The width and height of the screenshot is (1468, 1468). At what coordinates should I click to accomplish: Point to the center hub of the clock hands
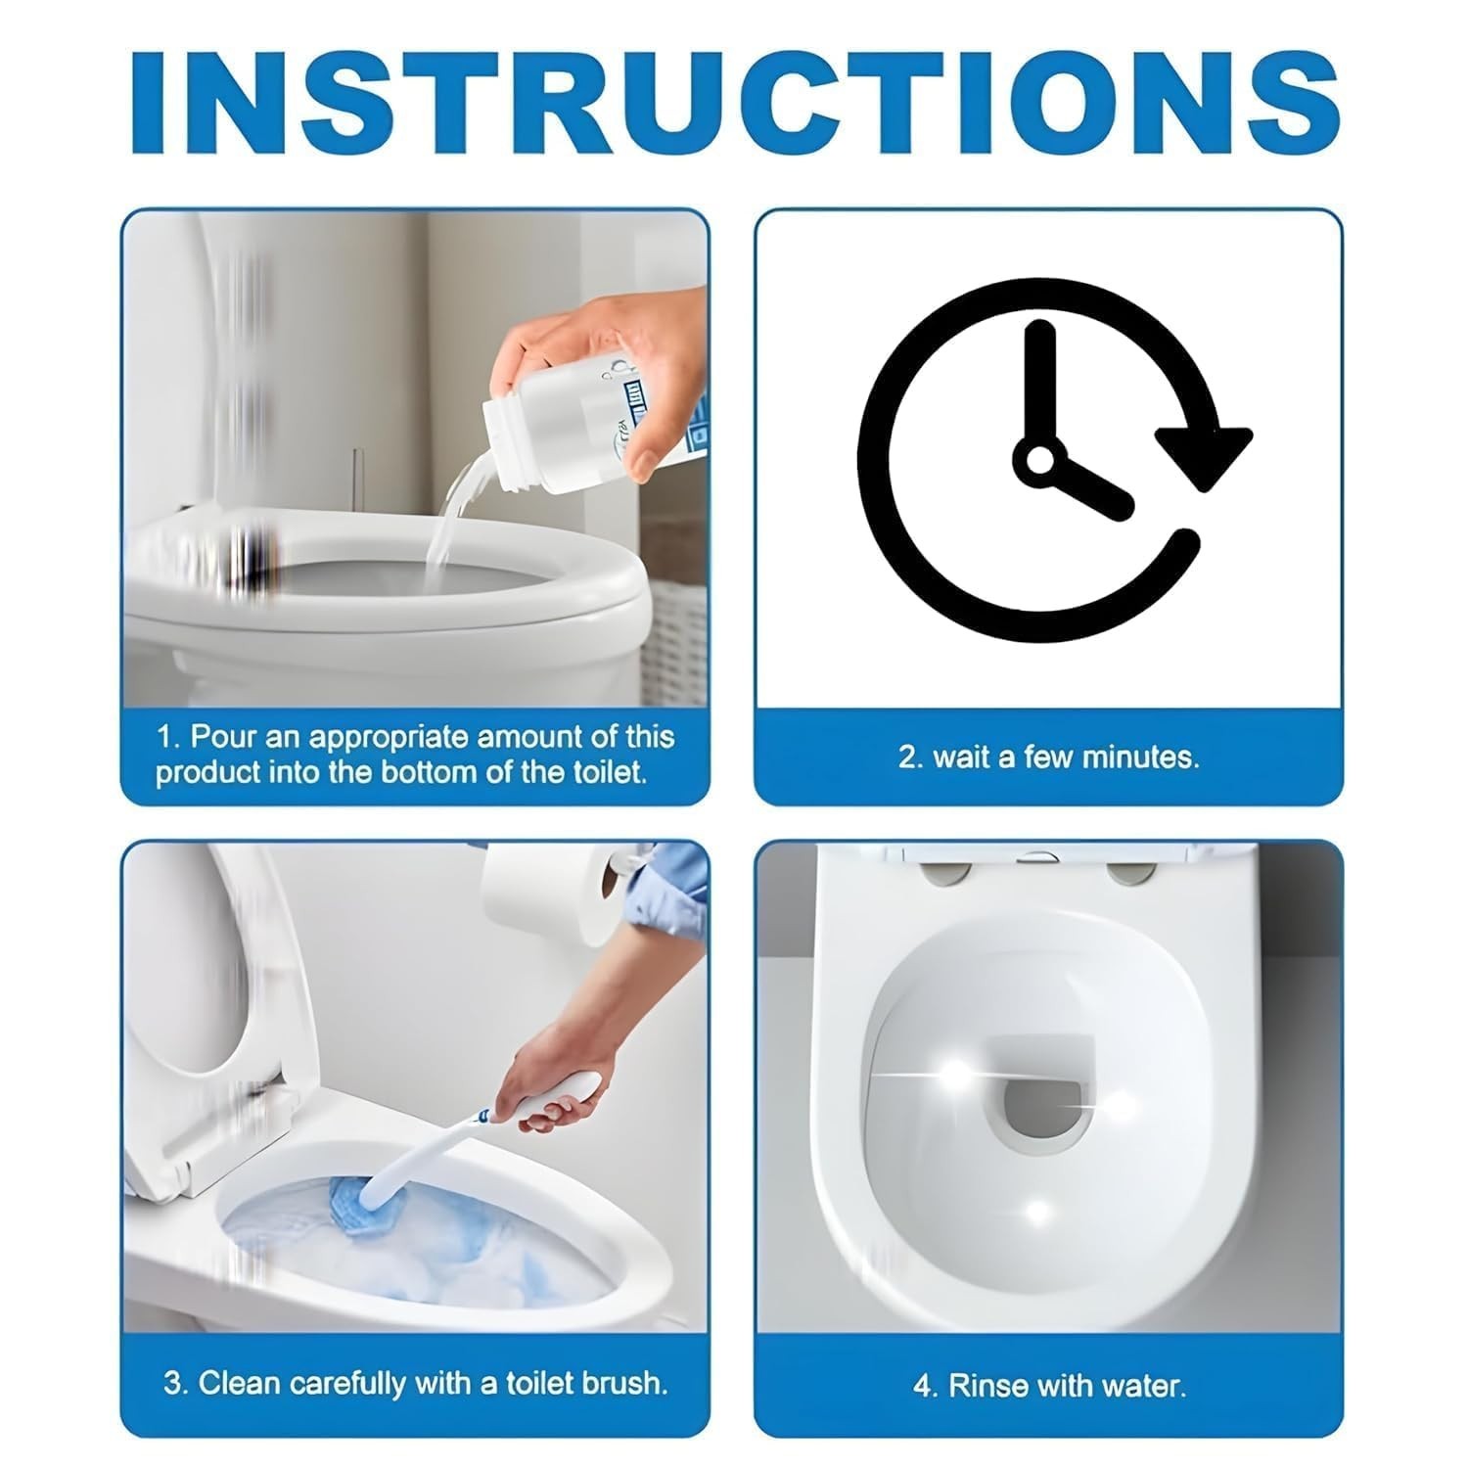1038,458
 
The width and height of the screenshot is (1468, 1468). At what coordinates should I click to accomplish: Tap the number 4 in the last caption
921,1387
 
